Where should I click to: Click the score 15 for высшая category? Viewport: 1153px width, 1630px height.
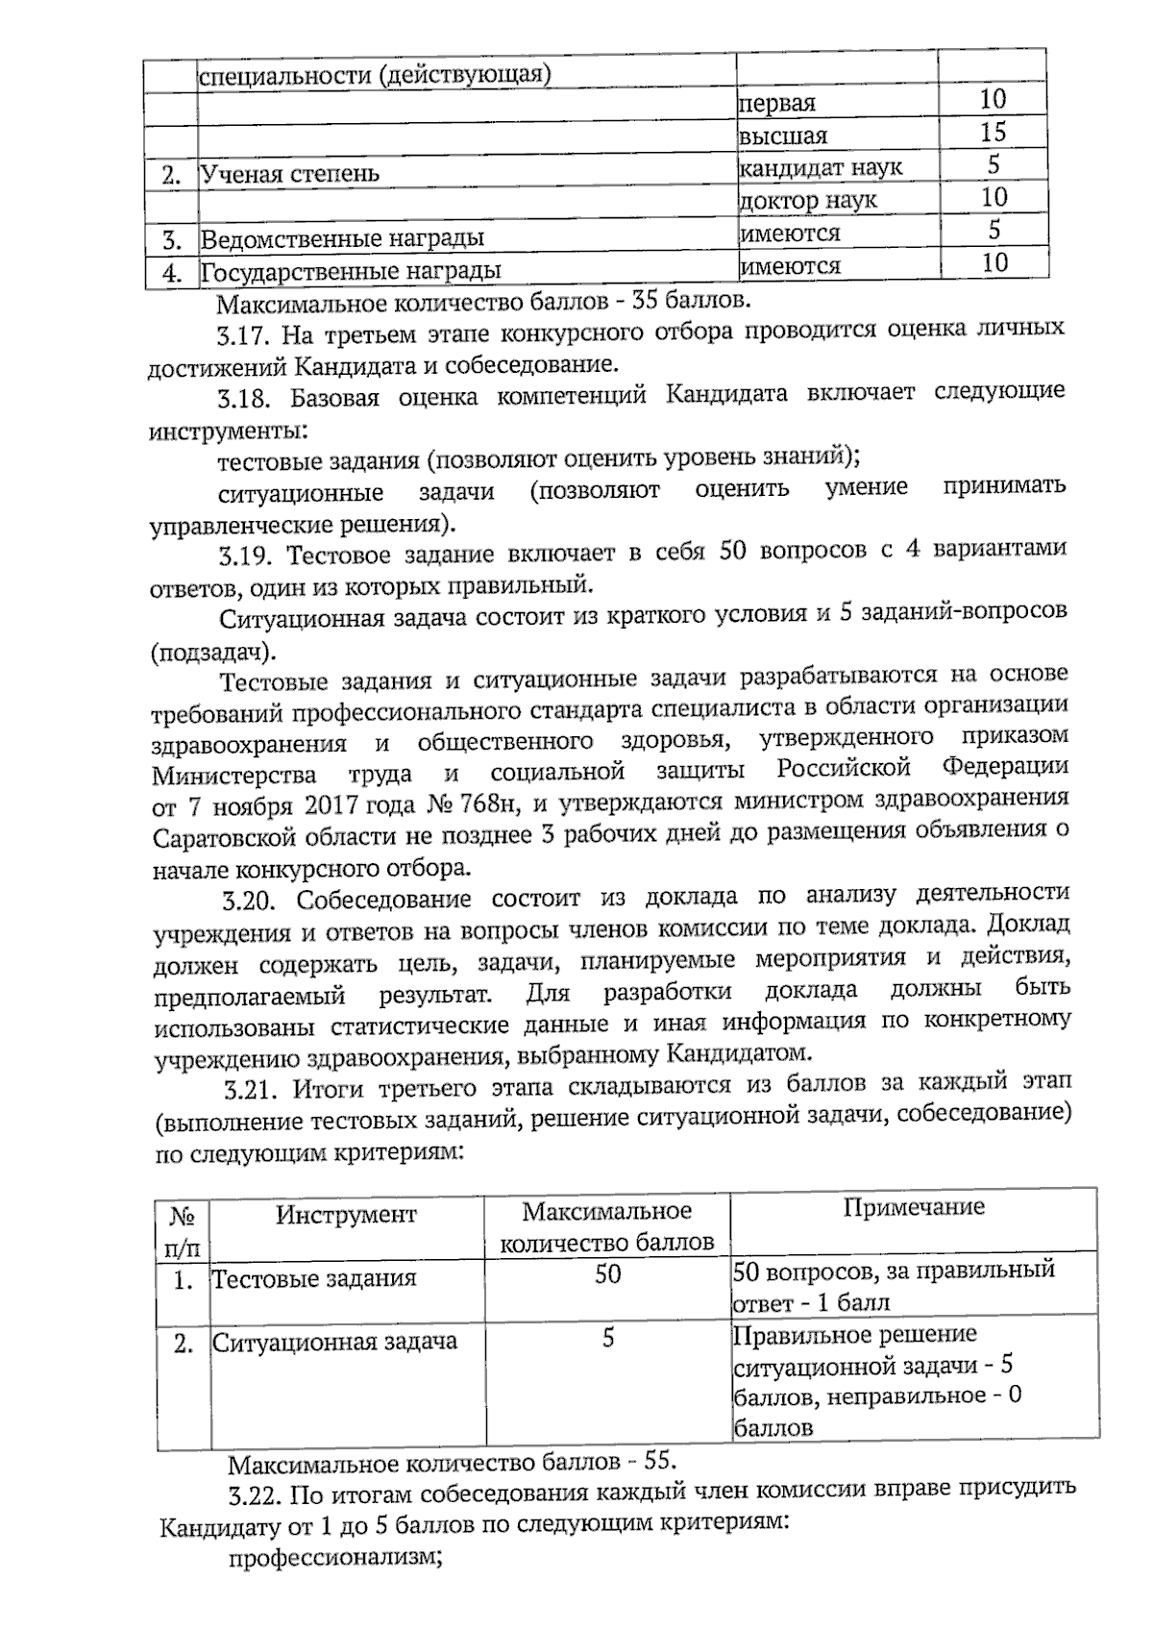(x=993, y=132)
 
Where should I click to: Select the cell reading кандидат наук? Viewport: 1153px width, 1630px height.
(x=821, y=168)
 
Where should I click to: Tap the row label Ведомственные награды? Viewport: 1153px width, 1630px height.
(x=341, y=237)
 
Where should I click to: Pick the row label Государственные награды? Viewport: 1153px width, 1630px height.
(x=350, y=271)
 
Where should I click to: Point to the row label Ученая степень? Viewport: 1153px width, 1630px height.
(x=289, y=174)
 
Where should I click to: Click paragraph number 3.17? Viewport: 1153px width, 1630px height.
(x=242, y=335)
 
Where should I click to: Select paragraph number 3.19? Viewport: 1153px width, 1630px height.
(x=244, y=555)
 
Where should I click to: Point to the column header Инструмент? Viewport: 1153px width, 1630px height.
(x=346, y=1215)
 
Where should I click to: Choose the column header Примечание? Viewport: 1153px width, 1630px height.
(x=914, y=1207)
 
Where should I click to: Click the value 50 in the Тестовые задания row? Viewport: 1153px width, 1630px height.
(x=607, y=1274)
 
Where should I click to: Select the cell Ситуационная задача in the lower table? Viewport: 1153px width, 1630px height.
(x=334, y=1342)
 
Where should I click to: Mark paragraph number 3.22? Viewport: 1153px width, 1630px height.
(x=256, y=1495)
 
